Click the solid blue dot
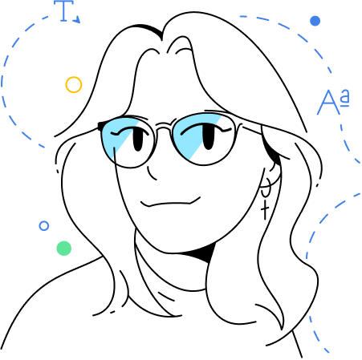tap(315, 21)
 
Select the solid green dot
tap(64, 249)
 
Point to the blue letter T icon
tap(63, 10)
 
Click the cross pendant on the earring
tap(265, 209)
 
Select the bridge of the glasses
tap(164, 125)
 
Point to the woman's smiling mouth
tap(170, 204)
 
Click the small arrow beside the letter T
tap(77, 19)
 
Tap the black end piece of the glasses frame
tap(101, 126)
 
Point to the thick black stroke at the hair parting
tap(151, 30)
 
